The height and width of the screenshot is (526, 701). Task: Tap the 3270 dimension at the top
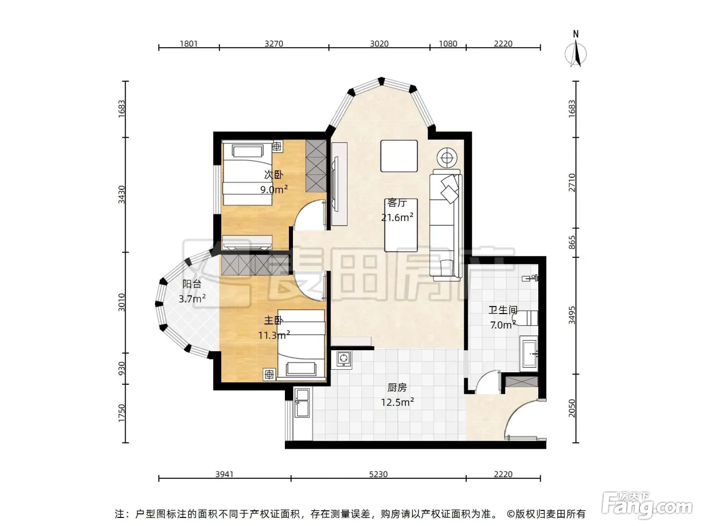coord(274,44)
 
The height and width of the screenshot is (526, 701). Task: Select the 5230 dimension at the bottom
coord(378,474)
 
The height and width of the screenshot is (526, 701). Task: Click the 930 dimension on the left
coord(122,369)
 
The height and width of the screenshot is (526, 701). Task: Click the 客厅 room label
coord(397,203)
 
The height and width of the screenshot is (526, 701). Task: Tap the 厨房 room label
coord(397,387)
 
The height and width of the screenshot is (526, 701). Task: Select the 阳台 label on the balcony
coord(192,284)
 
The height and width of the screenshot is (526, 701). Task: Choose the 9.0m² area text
coord(274,189)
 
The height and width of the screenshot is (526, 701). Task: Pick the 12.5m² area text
coord(397,402)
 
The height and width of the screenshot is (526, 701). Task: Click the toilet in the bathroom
coord(525,318)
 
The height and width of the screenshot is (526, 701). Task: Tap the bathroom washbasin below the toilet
coord(529,354)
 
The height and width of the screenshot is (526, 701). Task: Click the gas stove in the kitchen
coord(343,359)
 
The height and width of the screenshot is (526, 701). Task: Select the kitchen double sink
coord(302,403)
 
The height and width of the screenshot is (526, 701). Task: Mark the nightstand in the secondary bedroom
coord(277,146)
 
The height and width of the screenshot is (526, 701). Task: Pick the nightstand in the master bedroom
coord(269,374)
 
